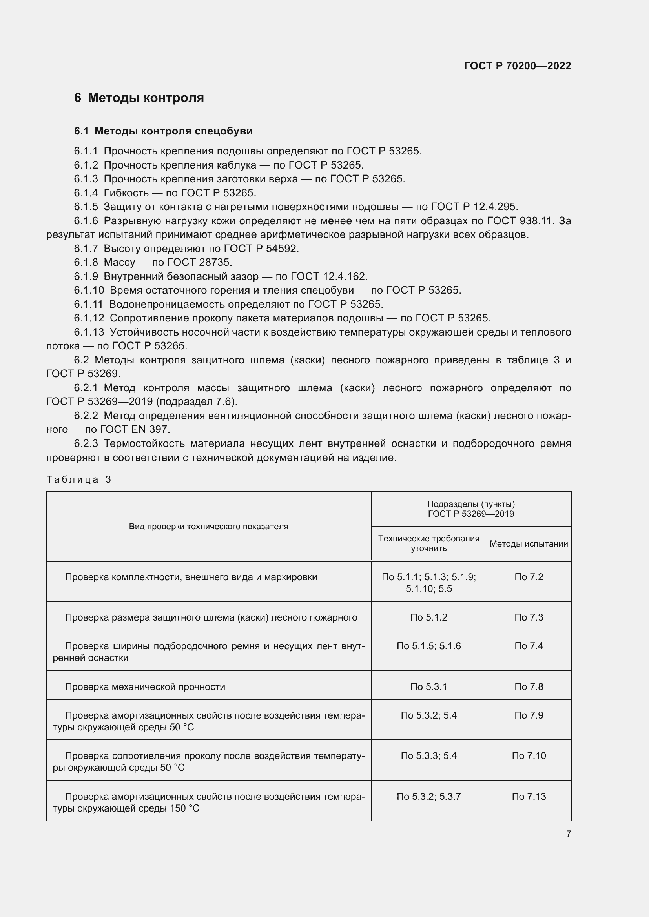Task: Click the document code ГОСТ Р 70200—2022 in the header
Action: click(517, 66)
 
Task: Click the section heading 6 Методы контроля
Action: click(139, 98)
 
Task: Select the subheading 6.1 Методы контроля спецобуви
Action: click(163, 131)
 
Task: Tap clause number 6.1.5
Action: click(86, 207)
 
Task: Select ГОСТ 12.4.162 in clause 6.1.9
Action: click(328, 276)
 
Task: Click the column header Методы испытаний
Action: click(528, 543)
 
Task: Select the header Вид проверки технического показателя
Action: click(208, 527)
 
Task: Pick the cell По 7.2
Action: click(528, 577)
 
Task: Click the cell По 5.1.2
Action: click(428, 617)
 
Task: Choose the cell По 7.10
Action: click(528, 755)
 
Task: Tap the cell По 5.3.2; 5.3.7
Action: click(428, 796)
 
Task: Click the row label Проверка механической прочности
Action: click(145, 686)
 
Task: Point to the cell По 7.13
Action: click(528, 796)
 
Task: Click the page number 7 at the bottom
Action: click(568, 834)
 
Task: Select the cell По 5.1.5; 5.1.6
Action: click(428, 646)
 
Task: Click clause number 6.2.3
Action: click(86, 444)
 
